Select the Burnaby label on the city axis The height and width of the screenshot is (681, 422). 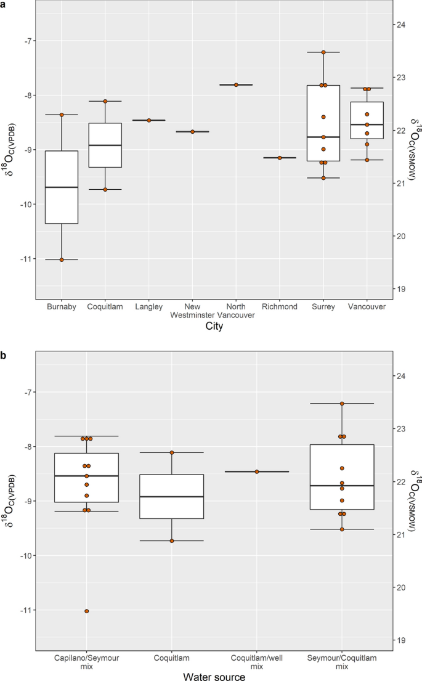[61, 306]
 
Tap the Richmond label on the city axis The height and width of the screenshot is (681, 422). [279, 306]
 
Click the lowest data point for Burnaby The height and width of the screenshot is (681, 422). [62, 259]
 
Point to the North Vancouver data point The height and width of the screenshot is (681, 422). [236, 84]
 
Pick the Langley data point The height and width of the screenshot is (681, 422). [149, 120]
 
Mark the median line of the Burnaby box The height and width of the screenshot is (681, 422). [62, 187]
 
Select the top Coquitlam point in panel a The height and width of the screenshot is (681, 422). [105, 101]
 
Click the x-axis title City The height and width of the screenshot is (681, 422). [214, 327]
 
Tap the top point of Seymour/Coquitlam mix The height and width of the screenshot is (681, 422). [342, 404]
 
